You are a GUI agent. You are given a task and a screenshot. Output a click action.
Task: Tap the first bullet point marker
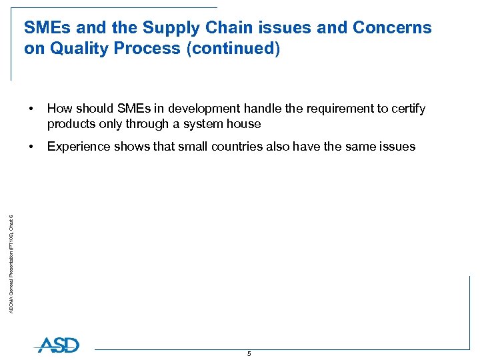(x=31, y=109)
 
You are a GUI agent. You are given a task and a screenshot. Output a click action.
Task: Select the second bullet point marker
(x=31, y=147)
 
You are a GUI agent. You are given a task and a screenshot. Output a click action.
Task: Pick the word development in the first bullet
(x=201, y=109)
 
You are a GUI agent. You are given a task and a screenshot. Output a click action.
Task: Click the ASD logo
(x=58, y=345)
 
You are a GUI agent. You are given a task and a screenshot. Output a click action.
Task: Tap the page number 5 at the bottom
(x=249, y=354)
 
